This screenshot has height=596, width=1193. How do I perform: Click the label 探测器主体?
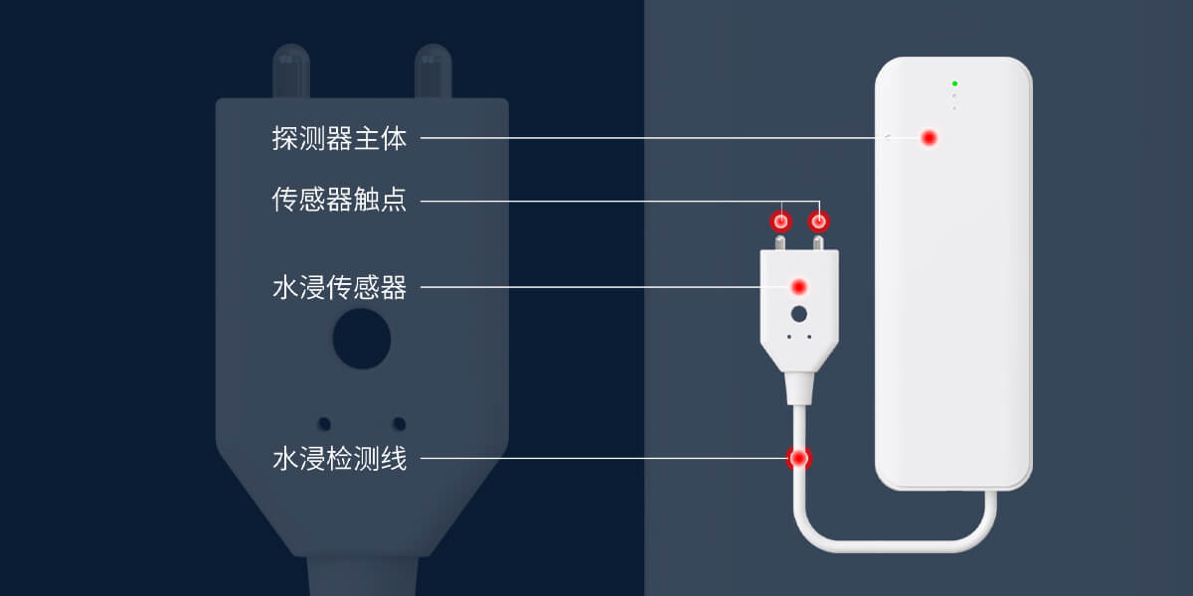click(339, 139)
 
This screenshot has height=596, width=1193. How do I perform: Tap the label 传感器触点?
click(339, 201)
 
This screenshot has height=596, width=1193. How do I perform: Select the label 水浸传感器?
click(339, 288)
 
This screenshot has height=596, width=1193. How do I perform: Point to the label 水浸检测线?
click(339, 459)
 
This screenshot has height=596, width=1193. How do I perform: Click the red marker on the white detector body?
click(929, 138)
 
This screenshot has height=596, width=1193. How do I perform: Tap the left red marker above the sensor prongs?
click(781, 221)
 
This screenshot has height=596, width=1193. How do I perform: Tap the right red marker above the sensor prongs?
click(819, 221)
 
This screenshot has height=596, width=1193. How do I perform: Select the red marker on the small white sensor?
click(798, 287)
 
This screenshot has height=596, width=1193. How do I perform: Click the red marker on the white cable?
click(798, 459)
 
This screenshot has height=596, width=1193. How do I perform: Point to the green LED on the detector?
click(954, 83)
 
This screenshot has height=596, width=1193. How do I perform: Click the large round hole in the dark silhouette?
click(361, 339)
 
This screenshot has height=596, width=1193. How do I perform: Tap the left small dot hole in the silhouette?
click(324, 424)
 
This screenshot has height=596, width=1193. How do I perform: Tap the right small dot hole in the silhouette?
click(399, 424)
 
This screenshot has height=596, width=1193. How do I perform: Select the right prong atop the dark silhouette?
click(433, 70)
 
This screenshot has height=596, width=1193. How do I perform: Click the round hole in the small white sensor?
click(798, 314)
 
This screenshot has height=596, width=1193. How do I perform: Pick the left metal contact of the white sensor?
click(781, 242)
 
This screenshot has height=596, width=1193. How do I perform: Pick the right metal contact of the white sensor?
click(819, 242)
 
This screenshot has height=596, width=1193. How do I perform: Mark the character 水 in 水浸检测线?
click(284, 459)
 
